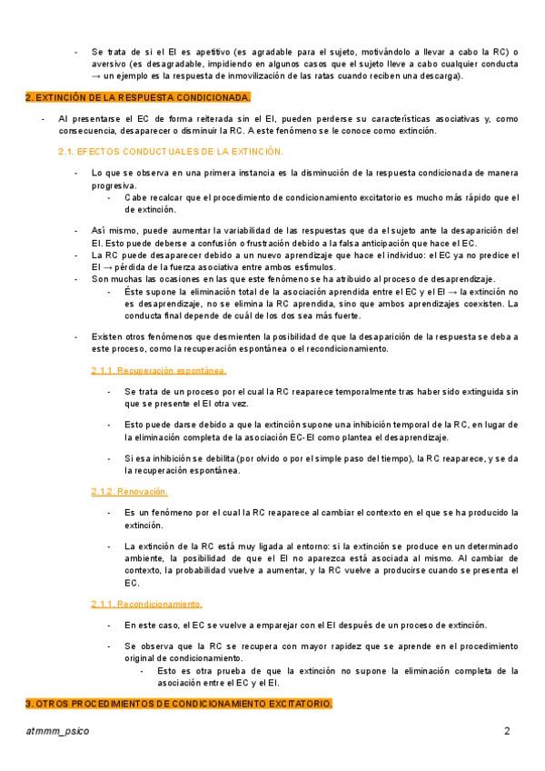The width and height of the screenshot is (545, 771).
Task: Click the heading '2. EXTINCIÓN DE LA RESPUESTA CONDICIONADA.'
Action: tap(138, 97)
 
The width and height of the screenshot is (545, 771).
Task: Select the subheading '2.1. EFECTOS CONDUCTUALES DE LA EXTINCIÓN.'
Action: tap(171, 151)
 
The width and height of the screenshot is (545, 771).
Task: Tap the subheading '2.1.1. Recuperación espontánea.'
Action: tap(159, 371)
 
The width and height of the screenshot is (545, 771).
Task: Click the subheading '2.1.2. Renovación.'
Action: tap(130, 491)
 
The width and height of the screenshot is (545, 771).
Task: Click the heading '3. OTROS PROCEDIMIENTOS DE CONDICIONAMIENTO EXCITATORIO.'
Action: tap(179, 705)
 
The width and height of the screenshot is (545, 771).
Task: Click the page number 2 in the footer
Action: tap(508, 732)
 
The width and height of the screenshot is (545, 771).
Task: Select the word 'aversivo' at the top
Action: tap(109, 65)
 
